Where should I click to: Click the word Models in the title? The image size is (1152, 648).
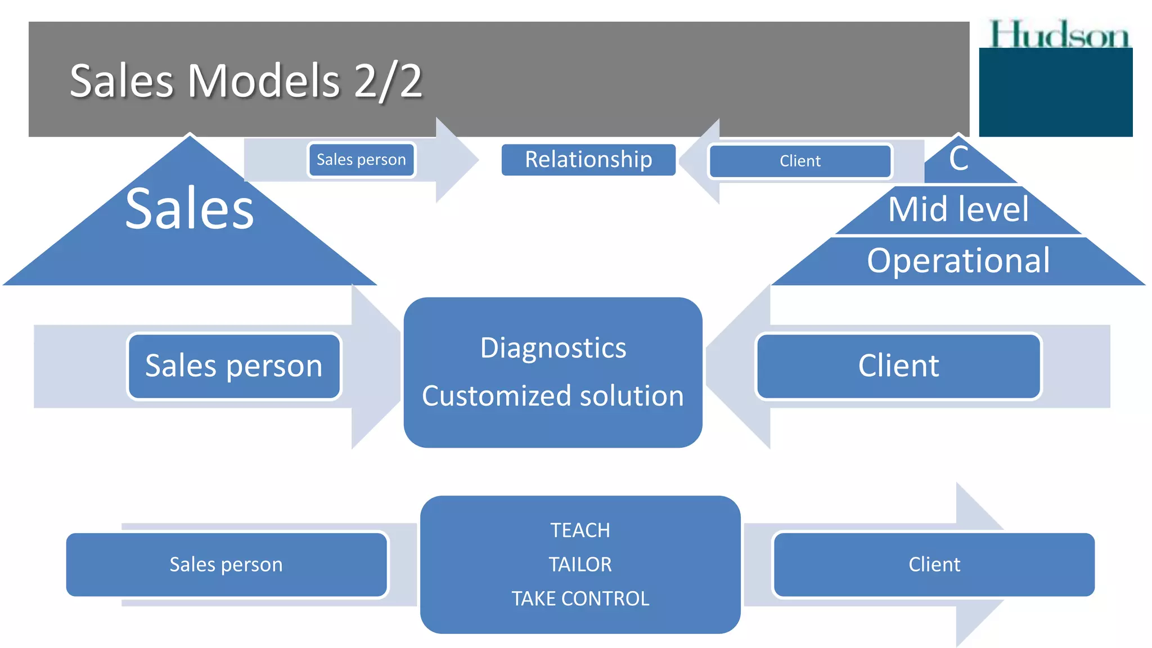[x=263, y=81]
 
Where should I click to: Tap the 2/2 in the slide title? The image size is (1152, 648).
[x=388, y=81]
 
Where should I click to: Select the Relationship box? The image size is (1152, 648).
[x=588, y=160]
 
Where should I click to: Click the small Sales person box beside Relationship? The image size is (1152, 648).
[x=361, y=160]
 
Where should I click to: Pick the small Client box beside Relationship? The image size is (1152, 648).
[x=800, y=161]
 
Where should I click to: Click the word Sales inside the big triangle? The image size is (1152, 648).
[x=190, y=209]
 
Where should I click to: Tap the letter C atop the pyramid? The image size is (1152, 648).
[x=958, y=159]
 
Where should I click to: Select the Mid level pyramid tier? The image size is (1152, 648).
[x=958, y=209]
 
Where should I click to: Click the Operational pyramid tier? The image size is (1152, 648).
[x=958, y=260]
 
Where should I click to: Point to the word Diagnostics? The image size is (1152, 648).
[x=553, y=348]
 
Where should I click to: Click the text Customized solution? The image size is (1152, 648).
[x=553, y=395]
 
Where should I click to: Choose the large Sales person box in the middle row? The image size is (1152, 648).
[x=234, y=366]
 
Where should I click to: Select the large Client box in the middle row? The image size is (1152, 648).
[x=898, y=366]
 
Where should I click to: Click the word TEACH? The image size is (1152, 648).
[x=580, y=530]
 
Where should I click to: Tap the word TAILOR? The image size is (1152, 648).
[x=580, y=564]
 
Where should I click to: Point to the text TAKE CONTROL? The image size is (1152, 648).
[x=580, y=598]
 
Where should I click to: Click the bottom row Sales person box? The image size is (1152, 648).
[x=226, y=564]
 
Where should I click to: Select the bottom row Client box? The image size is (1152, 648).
[x=934, y=564]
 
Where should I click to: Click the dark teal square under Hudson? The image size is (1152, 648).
[x=1055, y=93]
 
